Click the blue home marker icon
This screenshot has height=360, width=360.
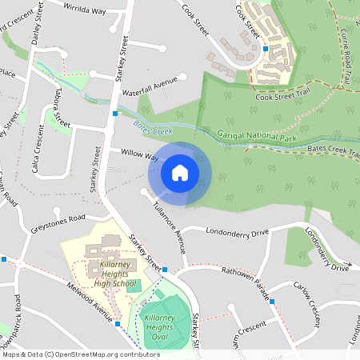click(180, 172)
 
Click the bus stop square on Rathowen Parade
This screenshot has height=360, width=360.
click(272, 301)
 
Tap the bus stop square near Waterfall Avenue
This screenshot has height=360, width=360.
click(116, 114)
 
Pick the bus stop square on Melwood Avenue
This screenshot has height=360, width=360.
click(117, 324)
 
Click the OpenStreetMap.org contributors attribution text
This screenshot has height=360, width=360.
click(104, 354)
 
